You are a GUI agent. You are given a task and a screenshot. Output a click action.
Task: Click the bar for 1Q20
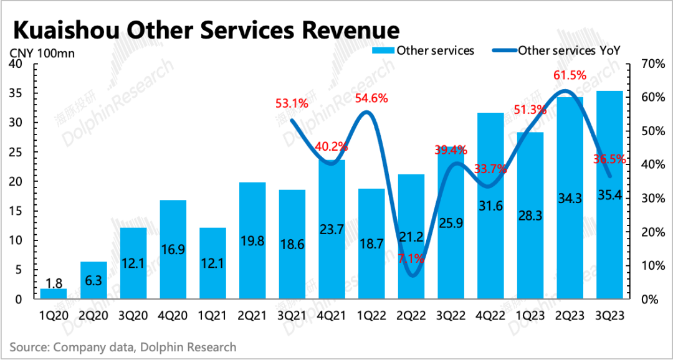point(53,294)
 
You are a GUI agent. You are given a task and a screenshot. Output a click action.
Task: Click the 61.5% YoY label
point(570,75)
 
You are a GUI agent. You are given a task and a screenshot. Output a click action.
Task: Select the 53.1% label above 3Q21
point(291,103)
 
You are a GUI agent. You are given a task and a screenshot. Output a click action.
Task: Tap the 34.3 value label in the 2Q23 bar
point(569,199)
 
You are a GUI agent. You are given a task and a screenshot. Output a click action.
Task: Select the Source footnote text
point(123,346)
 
